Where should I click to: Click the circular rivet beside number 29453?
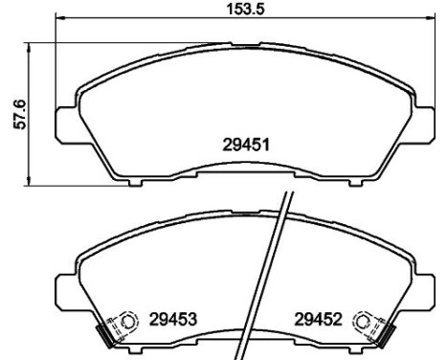(x=124, y=321)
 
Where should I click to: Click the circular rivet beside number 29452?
(x=364, y=322)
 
